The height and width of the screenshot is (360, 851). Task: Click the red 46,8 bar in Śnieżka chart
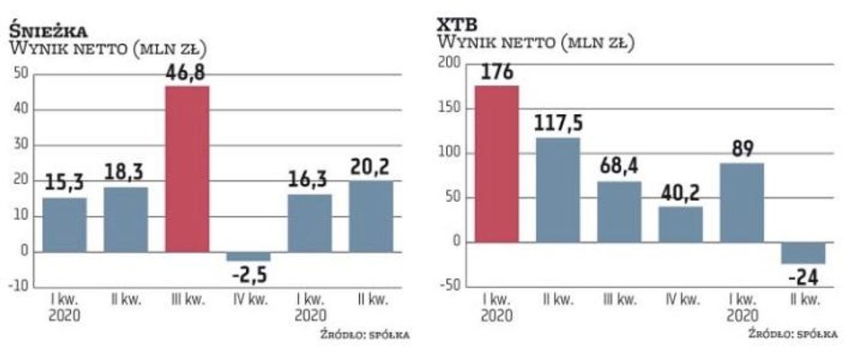pyautogui.click(x=188, y=168)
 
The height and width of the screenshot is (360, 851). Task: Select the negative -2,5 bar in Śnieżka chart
pyautogui.click(x=249, y=256)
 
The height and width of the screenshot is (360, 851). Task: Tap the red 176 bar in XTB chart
pyautogui.click(x=496, y=163)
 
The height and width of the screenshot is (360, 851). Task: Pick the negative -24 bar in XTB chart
pyautogui.click(x=803, y=252)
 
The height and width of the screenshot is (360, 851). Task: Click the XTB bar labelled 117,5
pyautogui.click(x=557, y=189)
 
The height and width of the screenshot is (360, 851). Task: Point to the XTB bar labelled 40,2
pyautogui.click(x=680, y=224)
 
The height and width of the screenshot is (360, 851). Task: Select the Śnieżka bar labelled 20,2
pyautogui.click(x=372, y=215)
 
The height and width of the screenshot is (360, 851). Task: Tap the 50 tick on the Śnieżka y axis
pyautogui.click(x=20, y=74)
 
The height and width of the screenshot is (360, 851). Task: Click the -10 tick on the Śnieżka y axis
pyautogui.click(x=18, y=286)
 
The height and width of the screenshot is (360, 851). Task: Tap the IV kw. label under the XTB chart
pyautogui.click(x=680, y=297)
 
